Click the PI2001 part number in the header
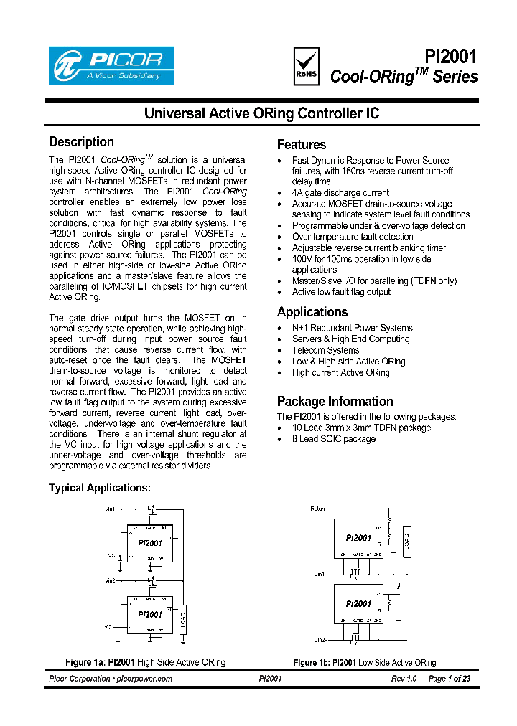click(451, 57)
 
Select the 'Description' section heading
click(81, 142)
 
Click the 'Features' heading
click(302, 144)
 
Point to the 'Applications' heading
click(312, 312)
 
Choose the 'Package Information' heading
click(335, 402)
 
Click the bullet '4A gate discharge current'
click(340, 193)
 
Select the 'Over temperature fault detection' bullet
click(352, 237)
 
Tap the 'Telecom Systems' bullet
click(325, 350)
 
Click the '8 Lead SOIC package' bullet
click(333, 439)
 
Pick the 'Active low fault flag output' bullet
click(341, 292)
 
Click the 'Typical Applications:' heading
click(100, 488)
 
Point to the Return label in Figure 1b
click(317, 509)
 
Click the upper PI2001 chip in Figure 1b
click(358, 537)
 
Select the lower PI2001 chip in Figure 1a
click(149, 614)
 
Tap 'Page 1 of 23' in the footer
click(450, 679)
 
